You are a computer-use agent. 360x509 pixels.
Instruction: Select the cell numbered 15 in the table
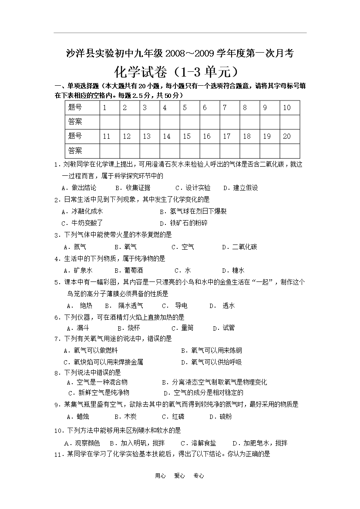point(189,136)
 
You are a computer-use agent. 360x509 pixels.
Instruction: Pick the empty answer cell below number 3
point(150,122)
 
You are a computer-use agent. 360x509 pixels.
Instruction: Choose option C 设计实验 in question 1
point(193,188)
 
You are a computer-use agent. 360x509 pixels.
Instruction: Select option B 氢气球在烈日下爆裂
point(193,211)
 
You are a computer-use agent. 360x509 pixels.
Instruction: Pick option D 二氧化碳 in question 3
point(239,247)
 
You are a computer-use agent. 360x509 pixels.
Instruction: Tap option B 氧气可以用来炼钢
point(212,350)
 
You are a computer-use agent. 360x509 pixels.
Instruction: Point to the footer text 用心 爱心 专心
point(179,476)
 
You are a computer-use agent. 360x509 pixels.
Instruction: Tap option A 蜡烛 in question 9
point(78,416)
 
